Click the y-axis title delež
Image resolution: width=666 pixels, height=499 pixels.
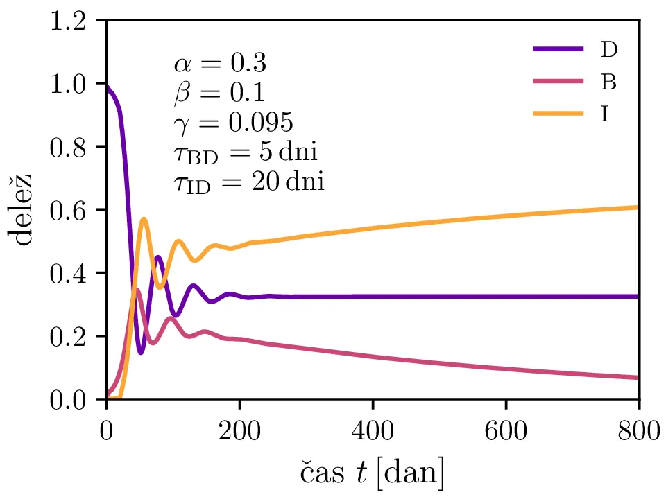click(25, 210)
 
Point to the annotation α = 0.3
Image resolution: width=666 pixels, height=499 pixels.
click(220, 64)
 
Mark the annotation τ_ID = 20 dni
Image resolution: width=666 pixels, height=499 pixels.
click(249, 183)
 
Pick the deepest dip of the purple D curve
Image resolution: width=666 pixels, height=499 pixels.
click(141, 353)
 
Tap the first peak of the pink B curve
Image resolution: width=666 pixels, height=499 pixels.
click(137, 290)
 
